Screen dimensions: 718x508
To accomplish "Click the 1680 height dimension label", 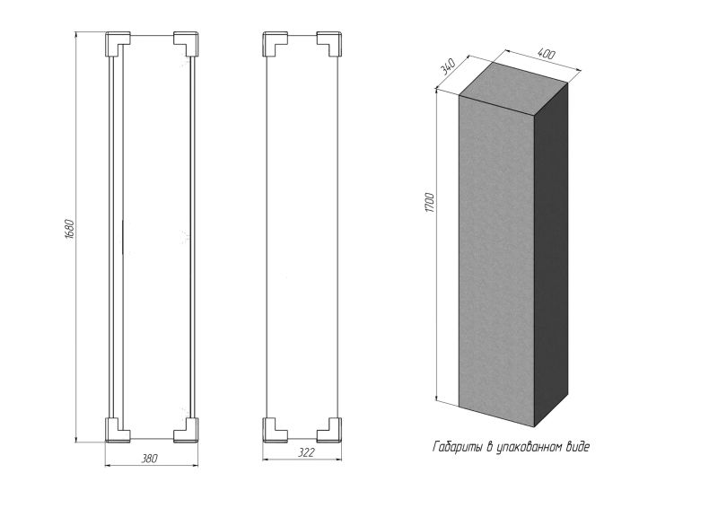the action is pos(69,230).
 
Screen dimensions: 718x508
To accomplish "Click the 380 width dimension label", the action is pos(149,458).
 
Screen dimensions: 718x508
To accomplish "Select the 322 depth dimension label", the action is pos(306,452).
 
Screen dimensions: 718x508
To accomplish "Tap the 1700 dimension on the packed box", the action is pos(430,203).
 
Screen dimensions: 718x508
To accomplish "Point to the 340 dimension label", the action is pos(447,67).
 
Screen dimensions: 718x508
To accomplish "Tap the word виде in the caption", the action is pos(578,446).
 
